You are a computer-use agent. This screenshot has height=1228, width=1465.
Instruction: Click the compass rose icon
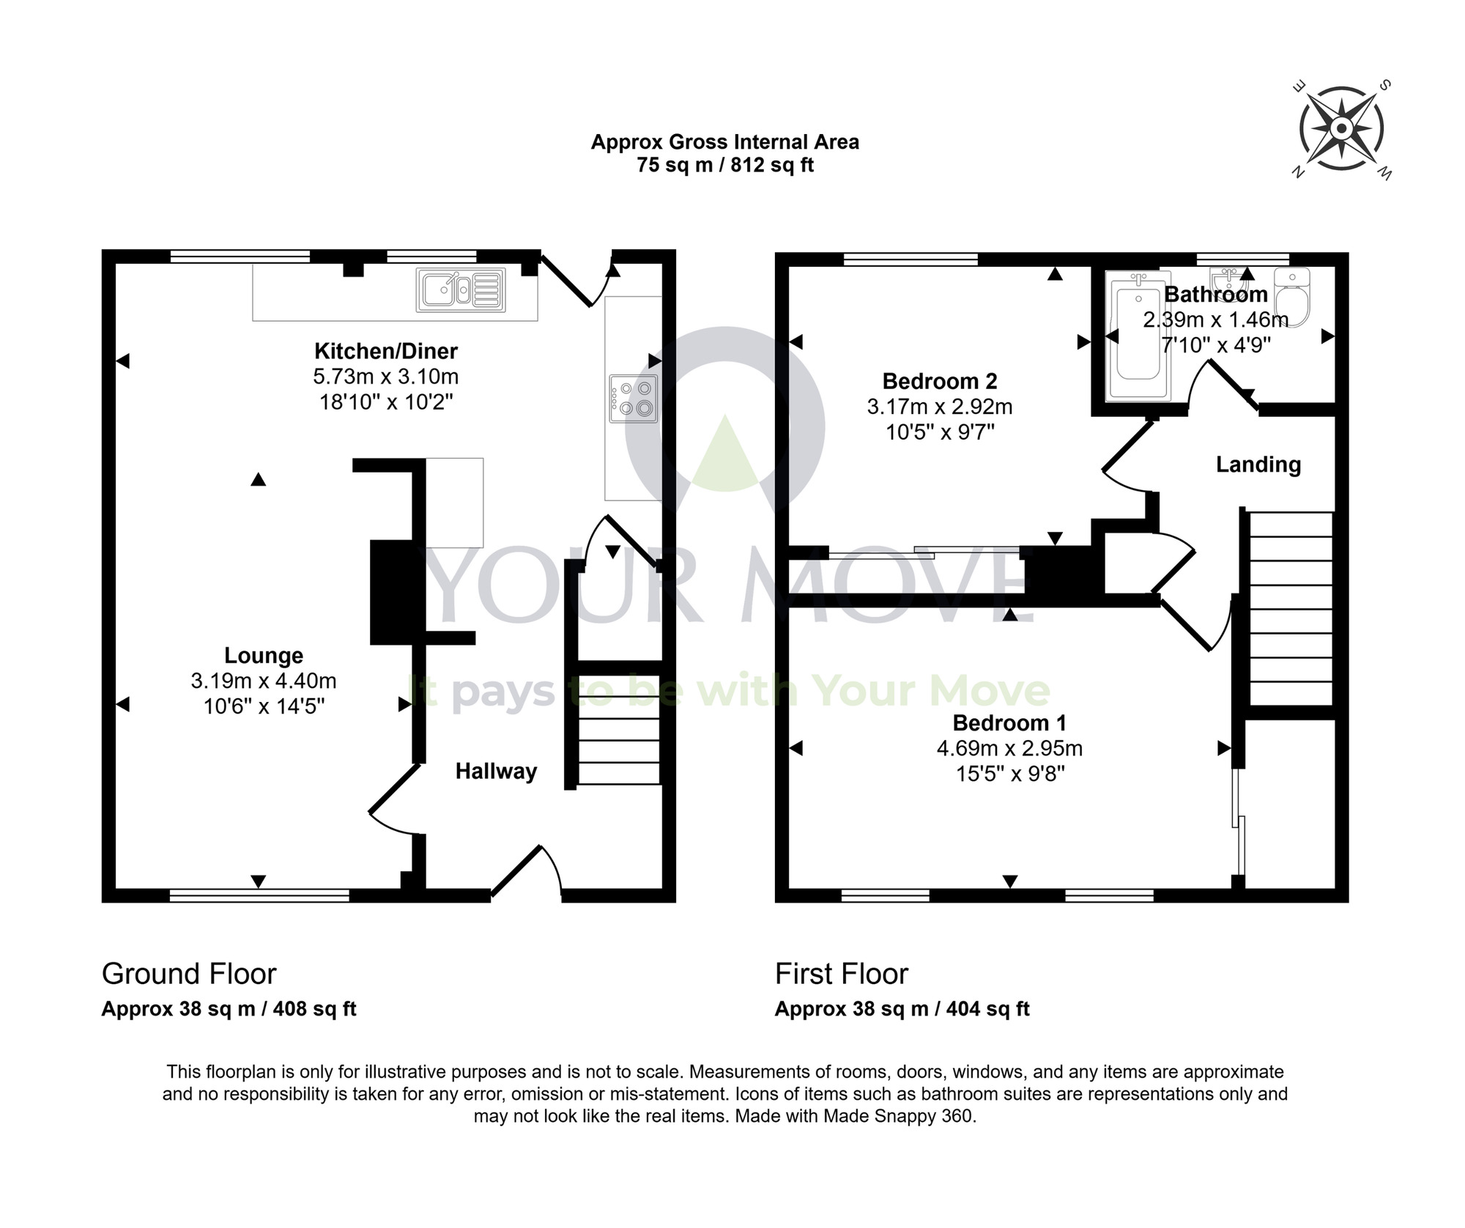[1341, 130]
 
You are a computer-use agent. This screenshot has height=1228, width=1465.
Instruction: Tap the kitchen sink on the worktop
[461, 290]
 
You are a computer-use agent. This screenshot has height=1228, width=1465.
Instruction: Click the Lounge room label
[264, 655]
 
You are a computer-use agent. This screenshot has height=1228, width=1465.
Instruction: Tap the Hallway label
[496, 771]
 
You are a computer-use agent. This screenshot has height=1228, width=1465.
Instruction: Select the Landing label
[1258, 465]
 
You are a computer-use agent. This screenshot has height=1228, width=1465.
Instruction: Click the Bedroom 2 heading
[939, 381]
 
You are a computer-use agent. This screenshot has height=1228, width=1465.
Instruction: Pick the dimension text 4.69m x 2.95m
[1009, 748]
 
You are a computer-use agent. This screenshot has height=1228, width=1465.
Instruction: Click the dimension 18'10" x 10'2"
[386, 402]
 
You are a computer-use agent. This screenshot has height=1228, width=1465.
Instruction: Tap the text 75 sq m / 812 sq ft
[724, 166]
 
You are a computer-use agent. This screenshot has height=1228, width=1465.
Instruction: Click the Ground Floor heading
[189, 974]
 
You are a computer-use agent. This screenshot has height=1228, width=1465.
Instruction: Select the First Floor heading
[841, 974]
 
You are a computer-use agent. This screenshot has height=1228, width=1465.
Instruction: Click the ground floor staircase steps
[619, 740]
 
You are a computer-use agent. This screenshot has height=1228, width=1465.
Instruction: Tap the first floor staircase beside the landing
[1290, 608]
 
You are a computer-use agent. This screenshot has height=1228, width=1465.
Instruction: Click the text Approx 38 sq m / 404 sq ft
[902, 1009]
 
